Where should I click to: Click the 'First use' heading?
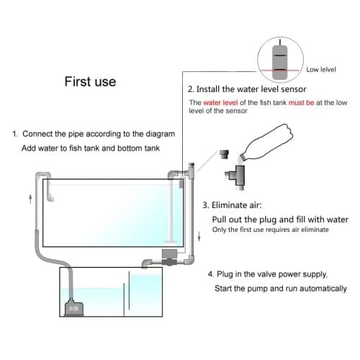90,81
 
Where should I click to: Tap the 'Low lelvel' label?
321,70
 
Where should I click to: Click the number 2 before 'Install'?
190,90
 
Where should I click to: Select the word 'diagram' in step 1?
158,134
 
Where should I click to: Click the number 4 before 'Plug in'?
210,274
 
